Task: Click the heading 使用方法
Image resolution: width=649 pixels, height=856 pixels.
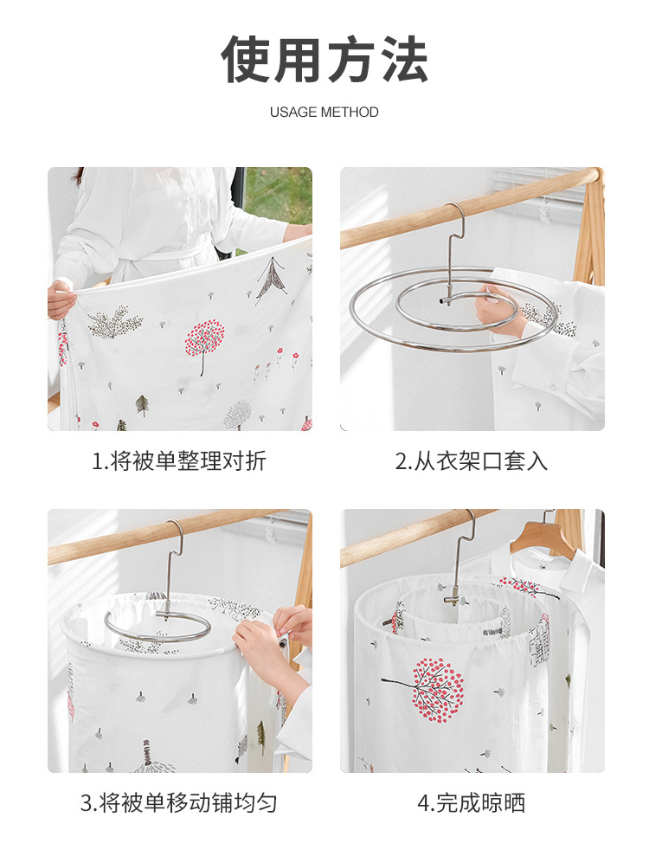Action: (x=324, y=59)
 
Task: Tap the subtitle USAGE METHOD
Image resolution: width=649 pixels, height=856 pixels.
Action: (x=324, y=113)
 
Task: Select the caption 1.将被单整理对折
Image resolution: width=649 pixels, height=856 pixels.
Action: (x=179, y=461)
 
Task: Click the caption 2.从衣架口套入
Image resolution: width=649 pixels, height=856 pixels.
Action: (x=472, y=461)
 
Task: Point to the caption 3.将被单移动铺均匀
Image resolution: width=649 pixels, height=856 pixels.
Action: (x=179, y=803)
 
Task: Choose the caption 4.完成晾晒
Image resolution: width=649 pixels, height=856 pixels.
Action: (x=472, y=803)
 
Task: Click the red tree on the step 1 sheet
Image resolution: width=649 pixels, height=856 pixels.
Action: (x=204, y=338)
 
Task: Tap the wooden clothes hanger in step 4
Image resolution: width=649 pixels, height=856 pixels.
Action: (x=545, y=537)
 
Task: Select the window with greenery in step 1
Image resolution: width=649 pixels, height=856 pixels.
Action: (x=278, y=196)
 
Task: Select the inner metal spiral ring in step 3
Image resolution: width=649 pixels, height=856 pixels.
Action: (x=156, y=624)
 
